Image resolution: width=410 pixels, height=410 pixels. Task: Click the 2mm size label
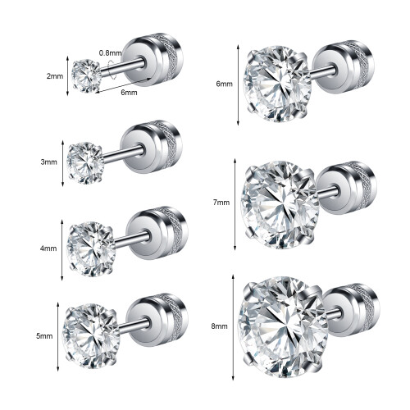pyautogui.click(x=55, y=76)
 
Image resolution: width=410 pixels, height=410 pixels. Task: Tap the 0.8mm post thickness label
pyautogui.click(x=110, y=52)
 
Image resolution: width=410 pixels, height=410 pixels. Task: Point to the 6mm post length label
pyautogui.click(x=129, y=93)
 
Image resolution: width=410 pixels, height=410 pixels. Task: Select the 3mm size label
pyautogui.click(x=49, y=162)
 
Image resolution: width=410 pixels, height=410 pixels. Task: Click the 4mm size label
pyautogui.click(x=48, y=248)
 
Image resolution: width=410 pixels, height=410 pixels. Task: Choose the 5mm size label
pyautogui.click(x=44, y=335)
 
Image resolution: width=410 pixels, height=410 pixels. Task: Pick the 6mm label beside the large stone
pyautogui.click(x=225, y=84)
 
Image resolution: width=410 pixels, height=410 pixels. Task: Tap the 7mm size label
pyautogui.click(x=221, y=203)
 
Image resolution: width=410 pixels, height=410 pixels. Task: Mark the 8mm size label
pyautogui.click(x=219, y=326)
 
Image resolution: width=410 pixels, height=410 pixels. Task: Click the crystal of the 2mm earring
pyautogui.click(x=86, y=75)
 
